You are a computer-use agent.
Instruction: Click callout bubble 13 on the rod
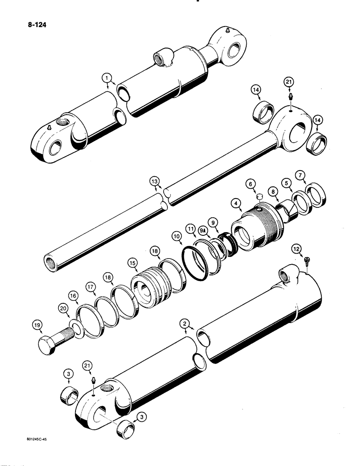coord(154,181)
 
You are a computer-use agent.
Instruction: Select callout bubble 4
coord(237,203)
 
